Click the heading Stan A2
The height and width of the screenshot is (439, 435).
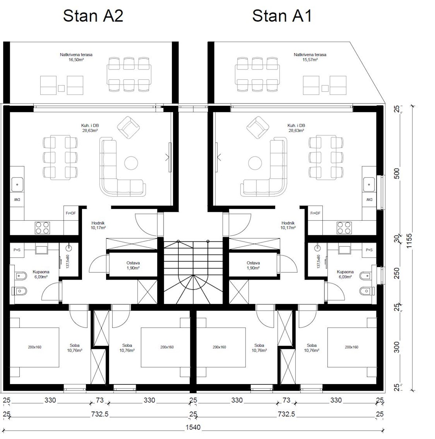(x=93, y=16)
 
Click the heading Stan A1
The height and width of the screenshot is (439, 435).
(x=282, y=16)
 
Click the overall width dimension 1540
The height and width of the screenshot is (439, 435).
(x=193, y=427)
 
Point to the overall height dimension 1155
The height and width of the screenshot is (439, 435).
(x=409, y=241)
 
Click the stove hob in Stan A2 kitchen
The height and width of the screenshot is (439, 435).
(x=42, y=228)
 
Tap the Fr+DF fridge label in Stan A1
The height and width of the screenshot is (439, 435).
(x=315, y=213)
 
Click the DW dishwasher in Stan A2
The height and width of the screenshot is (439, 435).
(x=17, y=200)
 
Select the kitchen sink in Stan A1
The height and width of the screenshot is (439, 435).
(x=369, y=184)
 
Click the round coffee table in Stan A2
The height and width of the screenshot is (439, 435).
(x=131, y=163)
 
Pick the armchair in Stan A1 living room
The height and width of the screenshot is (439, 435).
(x=258, y=127)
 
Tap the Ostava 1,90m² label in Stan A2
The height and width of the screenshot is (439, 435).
(x=133, y=265)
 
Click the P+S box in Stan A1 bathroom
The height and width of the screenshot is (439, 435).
(x=369, y=250)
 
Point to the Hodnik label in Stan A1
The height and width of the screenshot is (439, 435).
(x=288, y=223)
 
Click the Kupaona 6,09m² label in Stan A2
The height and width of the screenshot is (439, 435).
(x=41, y=274)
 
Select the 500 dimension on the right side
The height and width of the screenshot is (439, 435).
(x=397, y=174)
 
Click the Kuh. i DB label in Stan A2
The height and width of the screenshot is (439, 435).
(x=90, y=125)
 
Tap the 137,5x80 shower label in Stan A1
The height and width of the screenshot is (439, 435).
(x=318, y=262)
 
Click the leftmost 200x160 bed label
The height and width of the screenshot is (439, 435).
(x=35, y=347)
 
